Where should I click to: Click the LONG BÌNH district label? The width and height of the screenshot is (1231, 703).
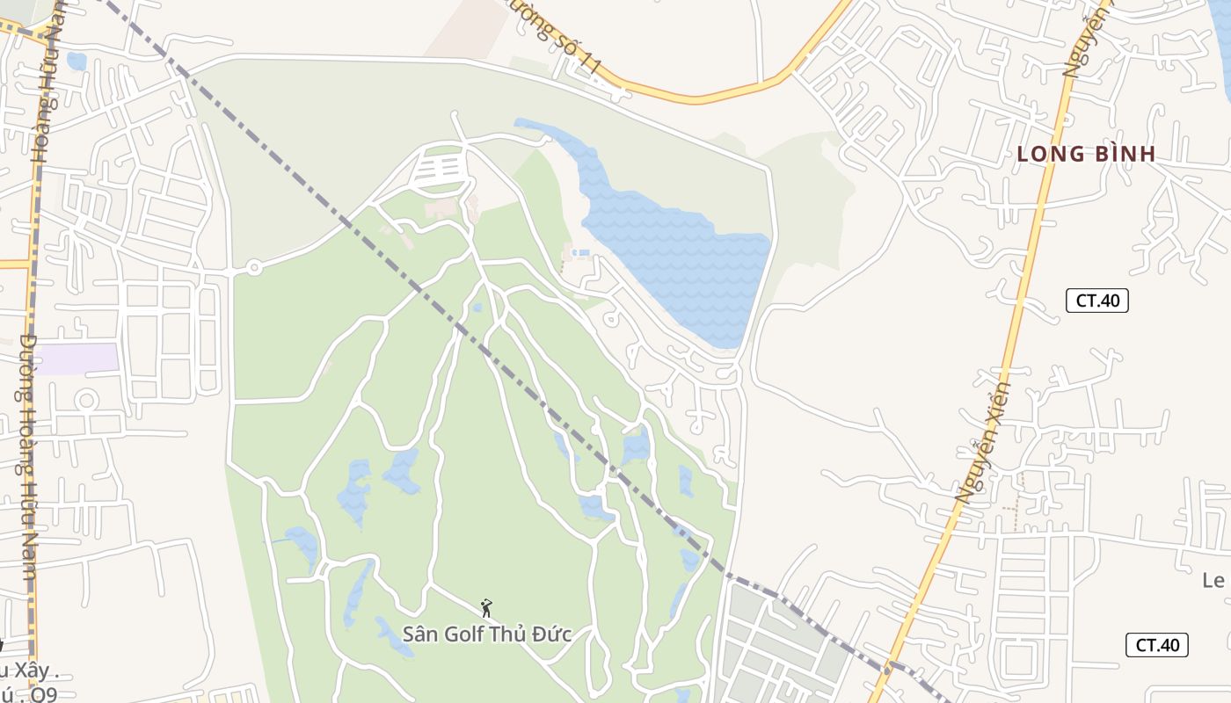coord(1085,154)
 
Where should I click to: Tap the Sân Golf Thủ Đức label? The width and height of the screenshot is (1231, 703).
coord(487,634)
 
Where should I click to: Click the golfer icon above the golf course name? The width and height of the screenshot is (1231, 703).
coord(486,607)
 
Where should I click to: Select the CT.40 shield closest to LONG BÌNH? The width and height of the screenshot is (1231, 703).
coord(1097,300)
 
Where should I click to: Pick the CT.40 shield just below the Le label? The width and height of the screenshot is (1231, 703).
coord(1157,644)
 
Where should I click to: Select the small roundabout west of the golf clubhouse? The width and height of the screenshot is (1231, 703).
coord(254,267)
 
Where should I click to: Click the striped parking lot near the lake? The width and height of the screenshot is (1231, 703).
coord(440,168)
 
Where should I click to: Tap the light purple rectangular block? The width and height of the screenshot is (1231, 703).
coord(79,359)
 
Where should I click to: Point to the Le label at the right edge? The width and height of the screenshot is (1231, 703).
coord(1213,580)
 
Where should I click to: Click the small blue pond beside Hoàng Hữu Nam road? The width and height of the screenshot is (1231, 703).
coord(76,61)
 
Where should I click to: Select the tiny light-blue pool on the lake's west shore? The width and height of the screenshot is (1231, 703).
coord(580,252)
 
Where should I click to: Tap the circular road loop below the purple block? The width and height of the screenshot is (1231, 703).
coord(86,401)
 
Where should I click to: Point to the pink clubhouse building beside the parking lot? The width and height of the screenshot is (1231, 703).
coord(442,208)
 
